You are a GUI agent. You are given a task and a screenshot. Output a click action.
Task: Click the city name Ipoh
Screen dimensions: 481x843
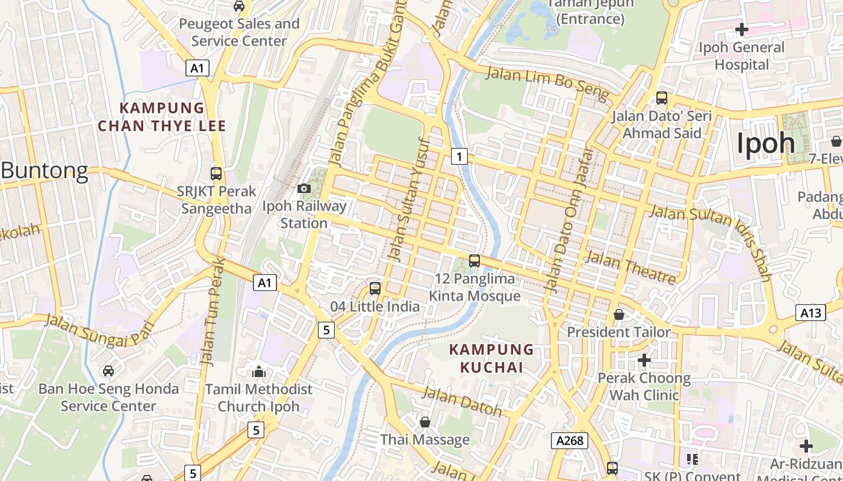tap(766, 143)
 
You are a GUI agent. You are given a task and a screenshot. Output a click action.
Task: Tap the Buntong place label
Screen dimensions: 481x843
tap(45, 171)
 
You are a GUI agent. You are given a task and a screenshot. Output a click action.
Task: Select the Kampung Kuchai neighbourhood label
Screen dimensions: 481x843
tap(491, 358)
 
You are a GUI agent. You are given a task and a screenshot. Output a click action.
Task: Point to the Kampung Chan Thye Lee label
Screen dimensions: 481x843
tap(162, 117)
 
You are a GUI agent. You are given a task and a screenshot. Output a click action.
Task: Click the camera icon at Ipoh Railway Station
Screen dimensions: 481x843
tap(304, 189)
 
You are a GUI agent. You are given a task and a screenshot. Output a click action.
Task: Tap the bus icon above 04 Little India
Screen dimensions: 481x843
tap(375, 289)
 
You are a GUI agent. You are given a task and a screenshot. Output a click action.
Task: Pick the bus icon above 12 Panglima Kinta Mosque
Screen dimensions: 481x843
tap(474, 261)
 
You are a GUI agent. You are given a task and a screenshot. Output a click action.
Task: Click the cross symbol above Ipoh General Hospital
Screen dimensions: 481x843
tap(742, 29)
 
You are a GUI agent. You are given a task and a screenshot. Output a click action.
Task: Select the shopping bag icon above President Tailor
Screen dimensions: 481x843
tap(618, 314)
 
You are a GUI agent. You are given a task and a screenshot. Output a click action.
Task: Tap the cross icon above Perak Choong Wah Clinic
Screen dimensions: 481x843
tap(644, 360)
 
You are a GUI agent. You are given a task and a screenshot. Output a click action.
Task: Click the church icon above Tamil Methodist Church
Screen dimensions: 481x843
tap(259, 372)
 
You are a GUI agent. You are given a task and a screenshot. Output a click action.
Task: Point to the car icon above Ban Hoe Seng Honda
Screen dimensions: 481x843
tap(108, 371)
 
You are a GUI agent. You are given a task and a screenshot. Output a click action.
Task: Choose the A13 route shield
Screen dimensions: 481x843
tap(810, 313)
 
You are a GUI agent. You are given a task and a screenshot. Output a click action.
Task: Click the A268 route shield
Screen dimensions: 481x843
tap(570, 441)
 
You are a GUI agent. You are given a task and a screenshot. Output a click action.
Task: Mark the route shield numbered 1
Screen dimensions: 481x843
tap(459, 157)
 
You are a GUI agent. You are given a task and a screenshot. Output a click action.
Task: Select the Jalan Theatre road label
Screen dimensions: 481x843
tap(630, 268)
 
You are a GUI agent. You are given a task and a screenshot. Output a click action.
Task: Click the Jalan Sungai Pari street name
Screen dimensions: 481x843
tap(99, 331)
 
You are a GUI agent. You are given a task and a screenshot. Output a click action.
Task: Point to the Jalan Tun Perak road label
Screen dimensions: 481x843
tap(213, 313)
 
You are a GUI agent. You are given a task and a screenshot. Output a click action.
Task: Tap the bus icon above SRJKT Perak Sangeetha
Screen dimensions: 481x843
tap(216, 174)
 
